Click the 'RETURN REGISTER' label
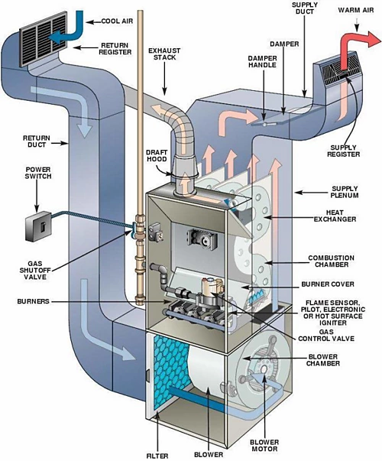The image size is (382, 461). [117, 49]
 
